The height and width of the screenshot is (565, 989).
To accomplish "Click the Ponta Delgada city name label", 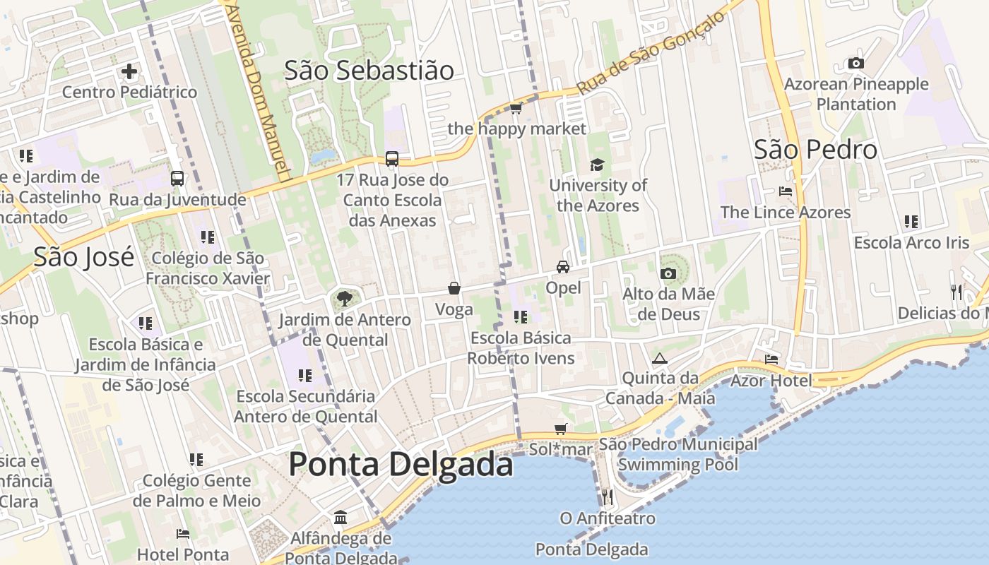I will point(401,465).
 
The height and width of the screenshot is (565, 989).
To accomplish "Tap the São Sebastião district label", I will point(369,71).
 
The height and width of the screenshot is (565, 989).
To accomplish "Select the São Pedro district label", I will point(815,150).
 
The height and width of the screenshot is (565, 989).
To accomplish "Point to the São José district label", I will point(83,257).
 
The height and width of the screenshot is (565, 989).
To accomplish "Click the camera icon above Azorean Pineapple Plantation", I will point(856,64).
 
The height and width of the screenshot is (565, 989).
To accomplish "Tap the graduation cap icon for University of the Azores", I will point(598,165).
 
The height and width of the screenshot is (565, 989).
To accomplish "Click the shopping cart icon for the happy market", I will point(516,108).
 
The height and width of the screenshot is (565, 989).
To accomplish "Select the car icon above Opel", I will point(563,266).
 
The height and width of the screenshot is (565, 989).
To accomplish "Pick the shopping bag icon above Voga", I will point(454,288).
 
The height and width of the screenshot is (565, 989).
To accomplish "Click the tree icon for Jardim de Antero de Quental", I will point(344,298).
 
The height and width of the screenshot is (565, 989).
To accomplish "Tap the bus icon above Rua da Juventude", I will point(177,179).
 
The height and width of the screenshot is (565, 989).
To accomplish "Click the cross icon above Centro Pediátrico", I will point(129,71).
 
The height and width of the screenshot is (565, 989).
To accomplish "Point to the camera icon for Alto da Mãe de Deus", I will point(668,273).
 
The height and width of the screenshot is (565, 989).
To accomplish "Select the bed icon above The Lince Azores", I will point(785,191).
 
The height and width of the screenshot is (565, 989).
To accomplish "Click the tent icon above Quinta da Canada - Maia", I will point(659,358).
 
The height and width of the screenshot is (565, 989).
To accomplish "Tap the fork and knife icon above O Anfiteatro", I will point(607,497).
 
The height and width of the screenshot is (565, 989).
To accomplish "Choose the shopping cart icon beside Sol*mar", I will point(561,429).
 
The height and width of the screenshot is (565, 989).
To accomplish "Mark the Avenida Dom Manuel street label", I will point(260,92).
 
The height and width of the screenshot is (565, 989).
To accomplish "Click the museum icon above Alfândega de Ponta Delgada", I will point(340,518).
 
